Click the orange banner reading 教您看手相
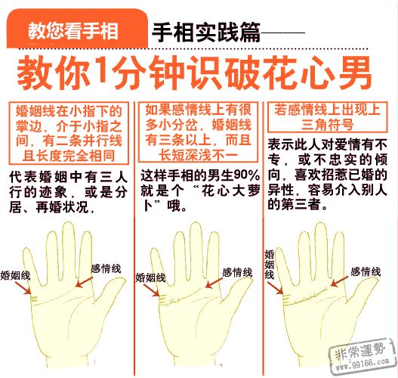(72, 31)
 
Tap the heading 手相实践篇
(205, 32)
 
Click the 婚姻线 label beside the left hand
(15, 275)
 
